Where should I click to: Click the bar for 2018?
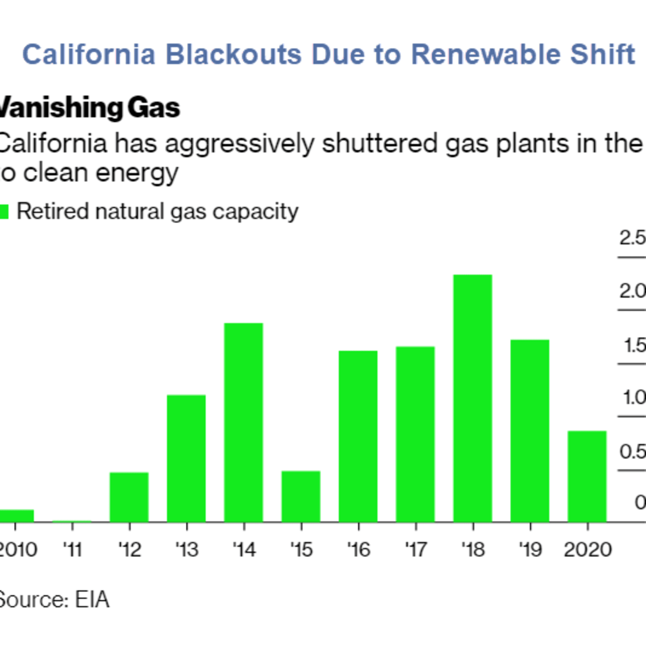pos(473,398)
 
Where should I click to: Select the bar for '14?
pos(243,423)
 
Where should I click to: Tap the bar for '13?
pos(186,459)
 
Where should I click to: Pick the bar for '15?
pos(301,496)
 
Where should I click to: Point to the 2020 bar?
pos(587,476)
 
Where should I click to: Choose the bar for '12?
pos(129,497)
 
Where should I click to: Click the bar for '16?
pos(358,436)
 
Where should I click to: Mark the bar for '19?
pos(530,431)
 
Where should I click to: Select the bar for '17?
pos(415,434)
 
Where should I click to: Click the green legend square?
pos(4,212)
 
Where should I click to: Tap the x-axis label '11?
pos(72,550)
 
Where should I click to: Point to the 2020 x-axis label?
pos(587,550)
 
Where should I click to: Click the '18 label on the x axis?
pos(473,550)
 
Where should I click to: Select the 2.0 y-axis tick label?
pos(632,291)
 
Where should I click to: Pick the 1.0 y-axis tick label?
pos(634,398)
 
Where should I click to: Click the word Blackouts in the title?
pos(233,55)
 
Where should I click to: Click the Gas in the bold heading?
pos(154,108)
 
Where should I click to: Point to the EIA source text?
pos(92,600)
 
